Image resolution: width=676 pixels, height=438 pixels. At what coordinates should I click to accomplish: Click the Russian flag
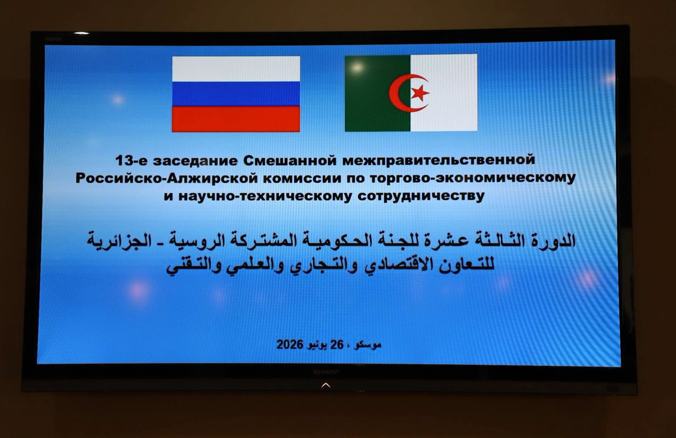(236, 94)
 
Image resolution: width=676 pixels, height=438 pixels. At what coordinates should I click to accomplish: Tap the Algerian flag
(411, 93)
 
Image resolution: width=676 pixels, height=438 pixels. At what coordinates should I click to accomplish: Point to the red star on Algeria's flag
(420, 93)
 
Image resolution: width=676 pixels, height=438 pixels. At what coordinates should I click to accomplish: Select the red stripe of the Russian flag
(236, 119)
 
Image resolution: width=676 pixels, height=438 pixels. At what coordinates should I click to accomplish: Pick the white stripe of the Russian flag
(236, 69)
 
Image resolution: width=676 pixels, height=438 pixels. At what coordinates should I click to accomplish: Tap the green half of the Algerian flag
(377, 93)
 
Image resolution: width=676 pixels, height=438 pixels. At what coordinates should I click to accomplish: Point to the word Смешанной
(290, 160)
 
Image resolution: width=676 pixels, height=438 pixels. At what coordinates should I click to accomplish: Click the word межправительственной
(439, 160)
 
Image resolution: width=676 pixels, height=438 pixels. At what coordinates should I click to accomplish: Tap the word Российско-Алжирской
(167, 178)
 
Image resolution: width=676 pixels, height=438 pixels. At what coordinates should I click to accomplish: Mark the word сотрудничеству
(421, 196)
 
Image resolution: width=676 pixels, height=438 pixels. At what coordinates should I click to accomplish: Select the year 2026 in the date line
(290, 345)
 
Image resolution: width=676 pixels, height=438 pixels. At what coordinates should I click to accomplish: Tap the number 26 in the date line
(337, 345)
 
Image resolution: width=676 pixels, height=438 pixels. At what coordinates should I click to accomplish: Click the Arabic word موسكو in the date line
(368, 345)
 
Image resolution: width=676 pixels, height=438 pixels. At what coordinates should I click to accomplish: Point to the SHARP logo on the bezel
(326, 371)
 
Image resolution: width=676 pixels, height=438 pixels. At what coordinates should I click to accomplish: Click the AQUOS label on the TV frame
(53, 39)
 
